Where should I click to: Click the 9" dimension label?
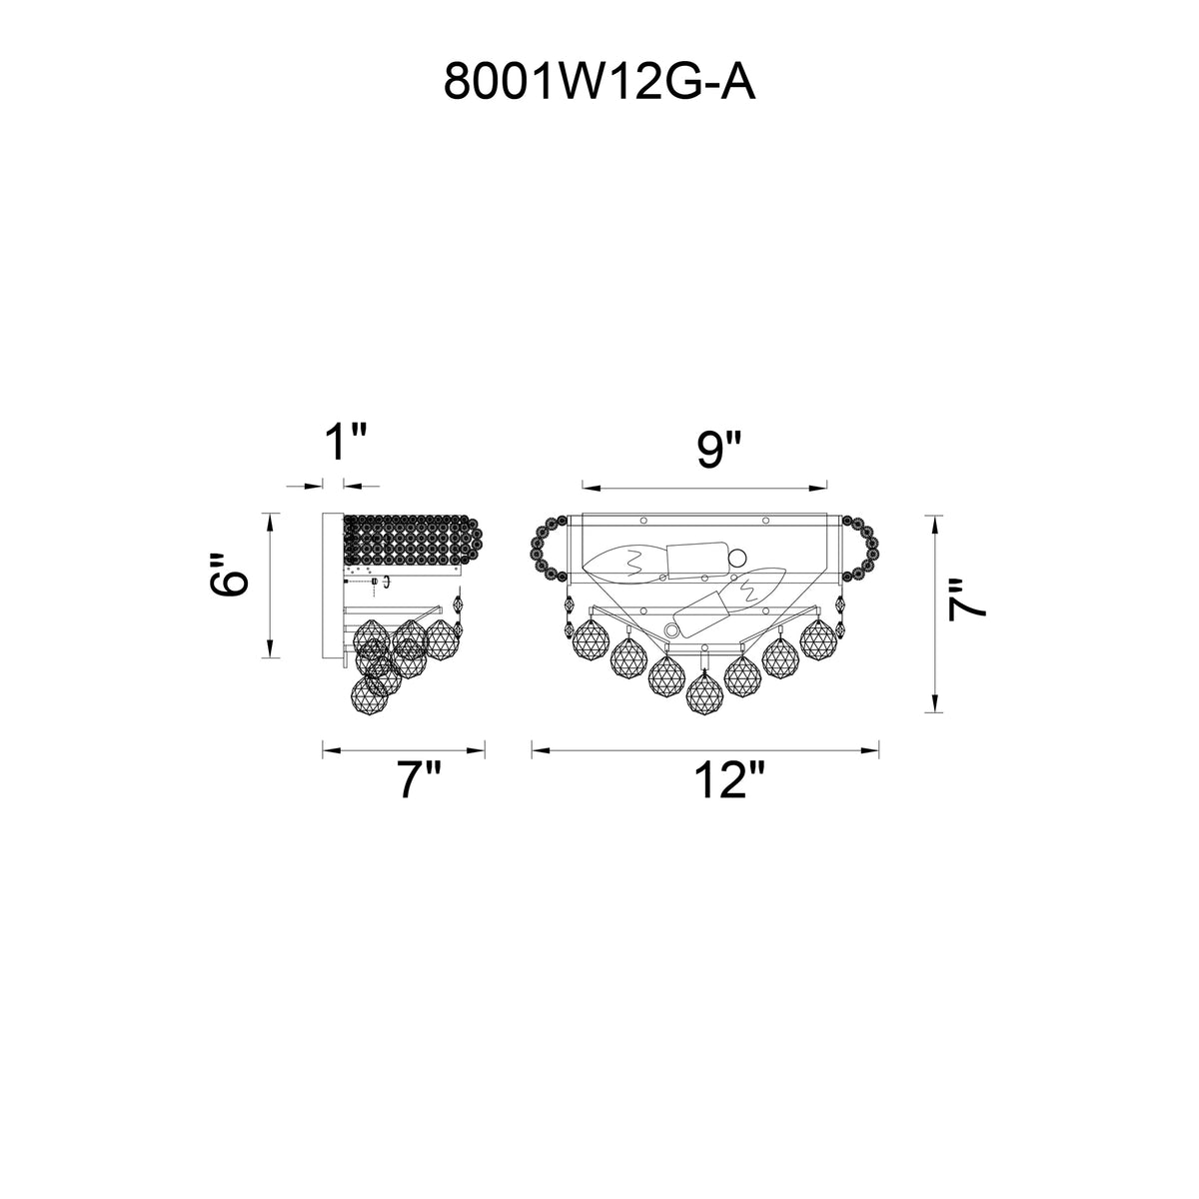coord(719,449)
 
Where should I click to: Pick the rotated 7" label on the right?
coord(967,600)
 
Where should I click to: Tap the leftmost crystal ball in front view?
coord(590,639)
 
